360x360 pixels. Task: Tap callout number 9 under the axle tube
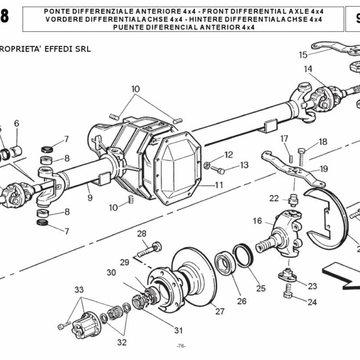coord(89,197)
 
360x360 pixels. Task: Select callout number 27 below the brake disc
coord(220,311)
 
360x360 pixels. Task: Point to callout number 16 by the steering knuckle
coord(257,221)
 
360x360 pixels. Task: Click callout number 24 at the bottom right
coord(312,302)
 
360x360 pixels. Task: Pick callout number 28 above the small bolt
coord(142,233)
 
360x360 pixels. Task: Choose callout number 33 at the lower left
coord(79,290)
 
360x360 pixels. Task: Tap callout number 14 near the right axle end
coord(308,69)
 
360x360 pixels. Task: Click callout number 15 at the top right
coord(303,55)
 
